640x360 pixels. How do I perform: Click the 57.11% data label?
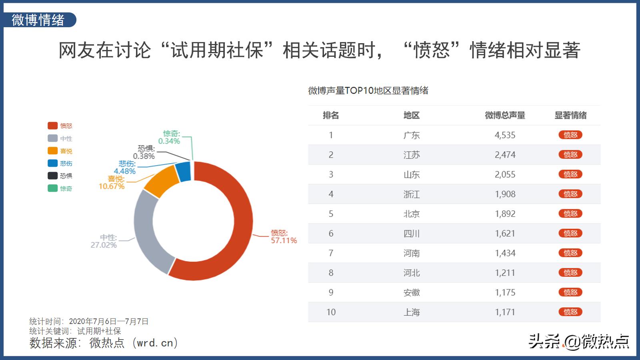[284, 240]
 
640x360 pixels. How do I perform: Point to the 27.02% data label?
[104, 245]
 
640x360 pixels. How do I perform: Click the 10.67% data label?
[112, 186]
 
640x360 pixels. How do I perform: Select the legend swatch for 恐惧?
[52, 176]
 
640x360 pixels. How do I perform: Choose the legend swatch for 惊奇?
[52, 188]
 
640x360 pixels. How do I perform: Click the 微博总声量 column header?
[505, 116]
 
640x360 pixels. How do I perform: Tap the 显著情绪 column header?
[570, 116]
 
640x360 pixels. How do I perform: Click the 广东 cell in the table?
[411, 135]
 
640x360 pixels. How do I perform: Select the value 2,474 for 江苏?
[505, 155]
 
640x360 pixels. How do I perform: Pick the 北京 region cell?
[411, 214]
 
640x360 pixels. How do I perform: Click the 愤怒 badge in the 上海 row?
[570, 312]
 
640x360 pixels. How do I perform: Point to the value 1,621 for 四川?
[505, 234]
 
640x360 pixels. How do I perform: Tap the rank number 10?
[331, 312]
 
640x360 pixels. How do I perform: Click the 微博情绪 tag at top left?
[38, 20]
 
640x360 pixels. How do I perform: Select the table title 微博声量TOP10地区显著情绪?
[368, 91]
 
